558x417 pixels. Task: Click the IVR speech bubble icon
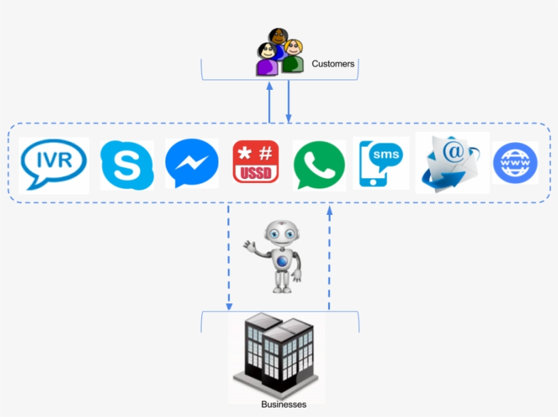54,164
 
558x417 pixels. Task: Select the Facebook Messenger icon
191,163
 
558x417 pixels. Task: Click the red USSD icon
256,162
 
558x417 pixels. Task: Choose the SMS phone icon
380,163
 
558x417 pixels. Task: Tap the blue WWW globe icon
515,163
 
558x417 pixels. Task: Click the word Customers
333,64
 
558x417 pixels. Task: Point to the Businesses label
284,404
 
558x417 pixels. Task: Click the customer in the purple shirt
267,61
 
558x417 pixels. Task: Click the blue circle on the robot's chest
282,261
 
